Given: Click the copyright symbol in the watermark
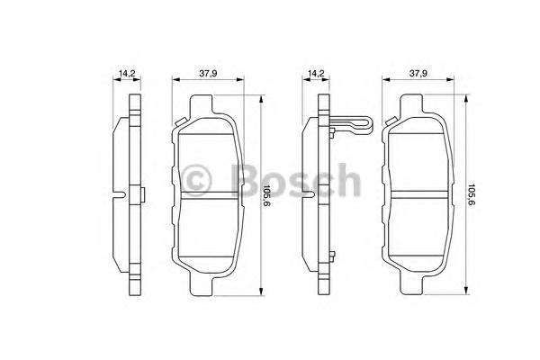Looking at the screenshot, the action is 196,181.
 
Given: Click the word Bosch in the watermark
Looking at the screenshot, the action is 296,181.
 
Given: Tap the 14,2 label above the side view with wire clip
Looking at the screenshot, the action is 316,73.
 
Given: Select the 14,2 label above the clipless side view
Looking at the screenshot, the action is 127,73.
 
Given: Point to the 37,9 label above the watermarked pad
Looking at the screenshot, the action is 208,73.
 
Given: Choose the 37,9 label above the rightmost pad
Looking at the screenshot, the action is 418,73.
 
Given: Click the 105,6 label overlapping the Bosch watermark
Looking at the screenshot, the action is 266,195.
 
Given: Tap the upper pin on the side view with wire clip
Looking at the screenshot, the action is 332,133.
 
